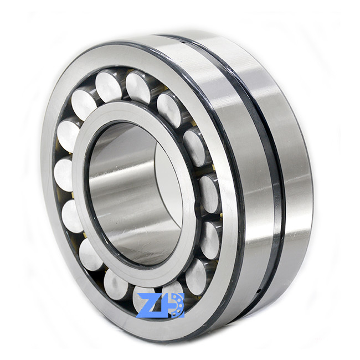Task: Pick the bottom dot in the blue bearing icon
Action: pos(177,315)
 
